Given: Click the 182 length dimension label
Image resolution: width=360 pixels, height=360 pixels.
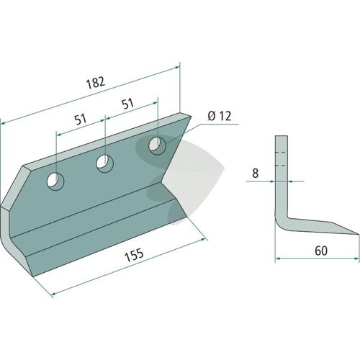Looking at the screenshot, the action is [x=96, y=83].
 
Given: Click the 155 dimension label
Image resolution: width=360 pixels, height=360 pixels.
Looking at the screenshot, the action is [x=134, y=255].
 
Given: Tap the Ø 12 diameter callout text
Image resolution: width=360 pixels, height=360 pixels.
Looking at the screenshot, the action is [x=220, y=116].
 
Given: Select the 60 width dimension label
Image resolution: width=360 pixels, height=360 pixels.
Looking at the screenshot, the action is [x=321, y=251].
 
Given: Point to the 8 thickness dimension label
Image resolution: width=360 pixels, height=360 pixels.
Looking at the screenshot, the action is [x=256, y=174].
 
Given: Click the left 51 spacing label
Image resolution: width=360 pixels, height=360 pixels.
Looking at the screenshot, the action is [x=81, y=120].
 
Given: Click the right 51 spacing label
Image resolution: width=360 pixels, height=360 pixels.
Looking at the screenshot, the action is [x=127, y=104].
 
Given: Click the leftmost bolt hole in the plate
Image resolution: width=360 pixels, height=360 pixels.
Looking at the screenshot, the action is [x=55, y=181].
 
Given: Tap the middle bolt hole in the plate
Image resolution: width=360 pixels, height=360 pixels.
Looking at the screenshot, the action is [x=105, y=163].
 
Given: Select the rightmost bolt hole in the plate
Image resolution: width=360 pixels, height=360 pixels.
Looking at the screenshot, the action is [x=158, y=145].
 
